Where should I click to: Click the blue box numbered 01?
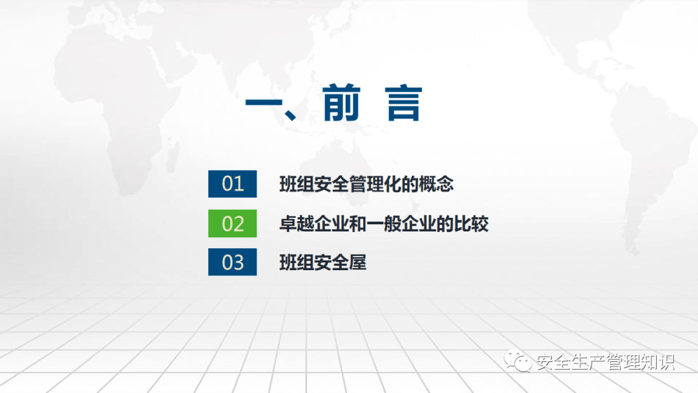pos(233,184)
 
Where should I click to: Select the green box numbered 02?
pos(233,224)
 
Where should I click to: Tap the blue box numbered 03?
pos(233,262)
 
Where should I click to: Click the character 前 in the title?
pos(341,103)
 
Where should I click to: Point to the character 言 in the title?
pos(404,103)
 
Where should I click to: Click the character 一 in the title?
pos(264,103)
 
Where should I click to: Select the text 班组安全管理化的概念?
pos(366,184)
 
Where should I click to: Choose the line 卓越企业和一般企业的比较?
pos(384,224)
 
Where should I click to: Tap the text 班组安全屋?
pos(323,262)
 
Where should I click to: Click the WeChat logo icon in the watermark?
pos(518,361)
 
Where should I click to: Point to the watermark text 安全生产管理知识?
pos(606,362)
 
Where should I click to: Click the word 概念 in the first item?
pos(436,184)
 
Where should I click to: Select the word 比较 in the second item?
pos(471,224)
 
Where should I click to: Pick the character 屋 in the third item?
pos(358,262)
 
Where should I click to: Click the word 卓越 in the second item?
pos(297,224)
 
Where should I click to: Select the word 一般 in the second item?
pos(384,224)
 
